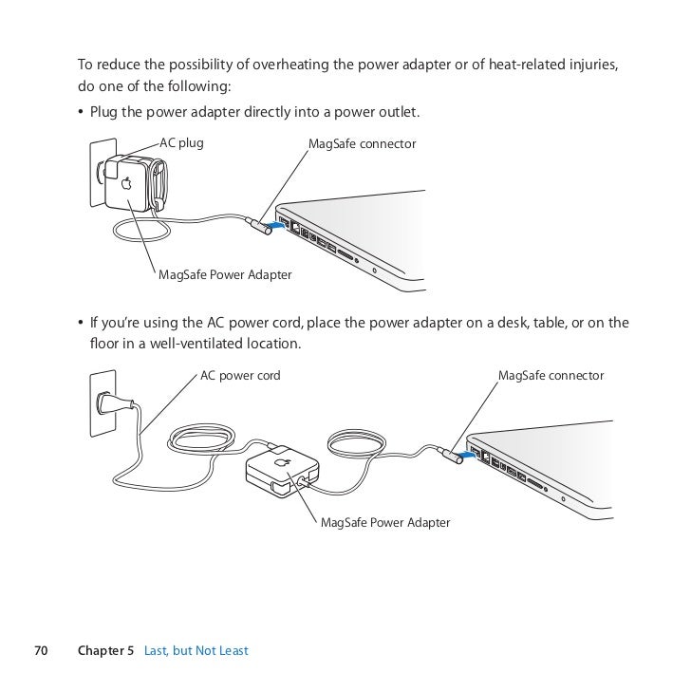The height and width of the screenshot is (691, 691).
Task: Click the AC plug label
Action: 181,143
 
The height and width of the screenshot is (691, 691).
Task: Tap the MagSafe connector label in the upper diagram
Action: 363,143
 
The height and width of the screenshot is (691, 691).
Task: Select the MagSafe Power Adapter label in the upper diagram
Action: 225,275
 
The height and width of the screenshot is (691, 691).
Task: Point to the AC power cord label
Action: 240,376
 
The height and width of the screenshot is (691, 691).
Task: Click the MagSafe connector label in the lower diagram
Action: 551,376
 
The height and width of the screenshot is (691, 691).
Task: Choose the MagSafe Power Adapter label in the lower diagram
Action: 385,523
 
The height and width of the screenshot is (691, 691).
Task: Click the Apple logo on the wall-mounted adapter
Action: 125,184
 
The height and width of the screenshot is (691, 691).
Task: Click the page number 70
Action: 41,650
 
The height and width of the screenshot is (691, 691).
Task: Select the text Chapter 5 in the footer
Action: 105,650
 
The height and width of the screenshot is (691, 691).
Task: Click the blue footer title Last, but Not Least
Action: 196,650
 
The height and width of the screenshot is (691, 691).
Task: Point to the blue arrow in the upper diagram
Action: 273,225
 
